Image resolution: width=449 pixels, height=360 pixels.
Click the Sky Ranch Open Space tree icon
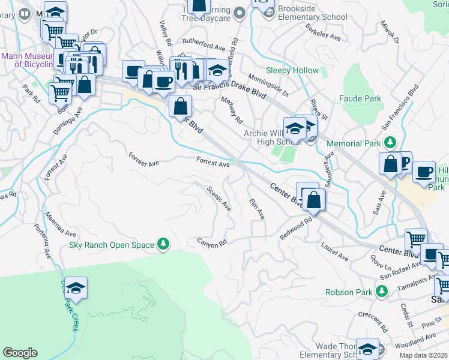[162, 244]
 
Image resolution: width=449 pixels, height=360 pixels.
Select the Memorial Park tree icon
[390, 143]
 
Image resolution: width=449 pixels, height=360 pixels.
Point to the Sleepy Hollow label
[292, 71]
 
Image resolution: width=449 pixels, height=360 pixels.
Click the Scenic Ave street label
[219, 198]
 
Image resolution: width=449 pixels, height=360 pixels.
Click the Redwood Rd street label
[297, 229]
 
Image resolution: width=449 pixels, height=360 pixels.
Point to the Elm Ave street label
[257, 209]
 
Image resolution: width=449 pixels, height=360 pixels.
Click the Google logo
[20, 353]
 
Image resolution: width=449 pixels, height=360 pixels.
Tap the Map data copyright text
[424, 355]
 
